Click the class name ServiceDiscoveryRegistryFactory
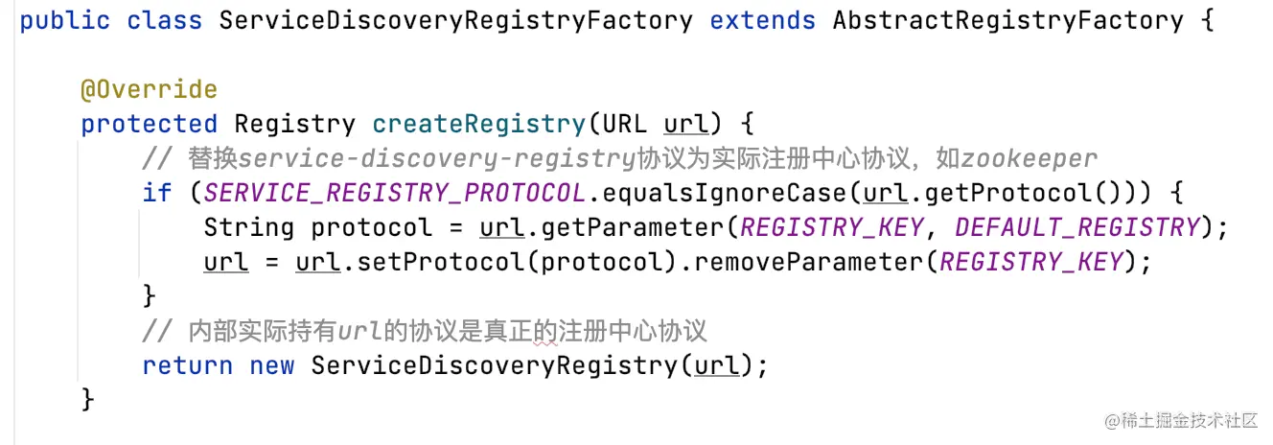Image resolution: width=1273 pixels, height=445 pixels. [455, 20]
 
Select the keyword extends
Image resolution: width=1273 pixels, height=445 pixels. [762, 20]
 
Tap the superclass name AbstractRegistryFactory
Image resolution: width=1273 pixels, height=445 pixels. [1007, 20]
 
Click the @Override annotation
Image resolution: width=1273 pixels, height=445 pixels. [149, 90]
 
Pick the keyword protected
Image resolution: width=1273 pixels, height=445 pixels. [149, 125]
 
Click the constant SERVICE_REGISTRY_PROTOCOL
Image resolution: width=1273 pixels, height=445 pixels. [394, 194]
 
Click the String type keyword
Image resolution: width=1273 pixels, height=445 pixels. [248, 228]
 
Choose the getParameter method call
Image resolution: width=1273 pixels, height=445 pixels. [648, 228]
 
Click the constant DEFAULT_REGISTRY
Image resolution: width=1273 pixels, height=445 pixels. [1076, 228]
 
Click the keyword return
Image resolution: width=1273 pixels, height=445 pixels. [188, 365]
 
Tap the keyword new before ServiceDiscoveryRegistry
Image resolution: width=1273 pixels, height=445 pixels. [271, 365]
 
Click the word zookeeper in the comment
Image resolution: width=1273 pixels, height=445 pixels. [1030, 159]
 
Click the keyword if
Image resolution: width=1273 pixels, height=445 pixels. [156, 194]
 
